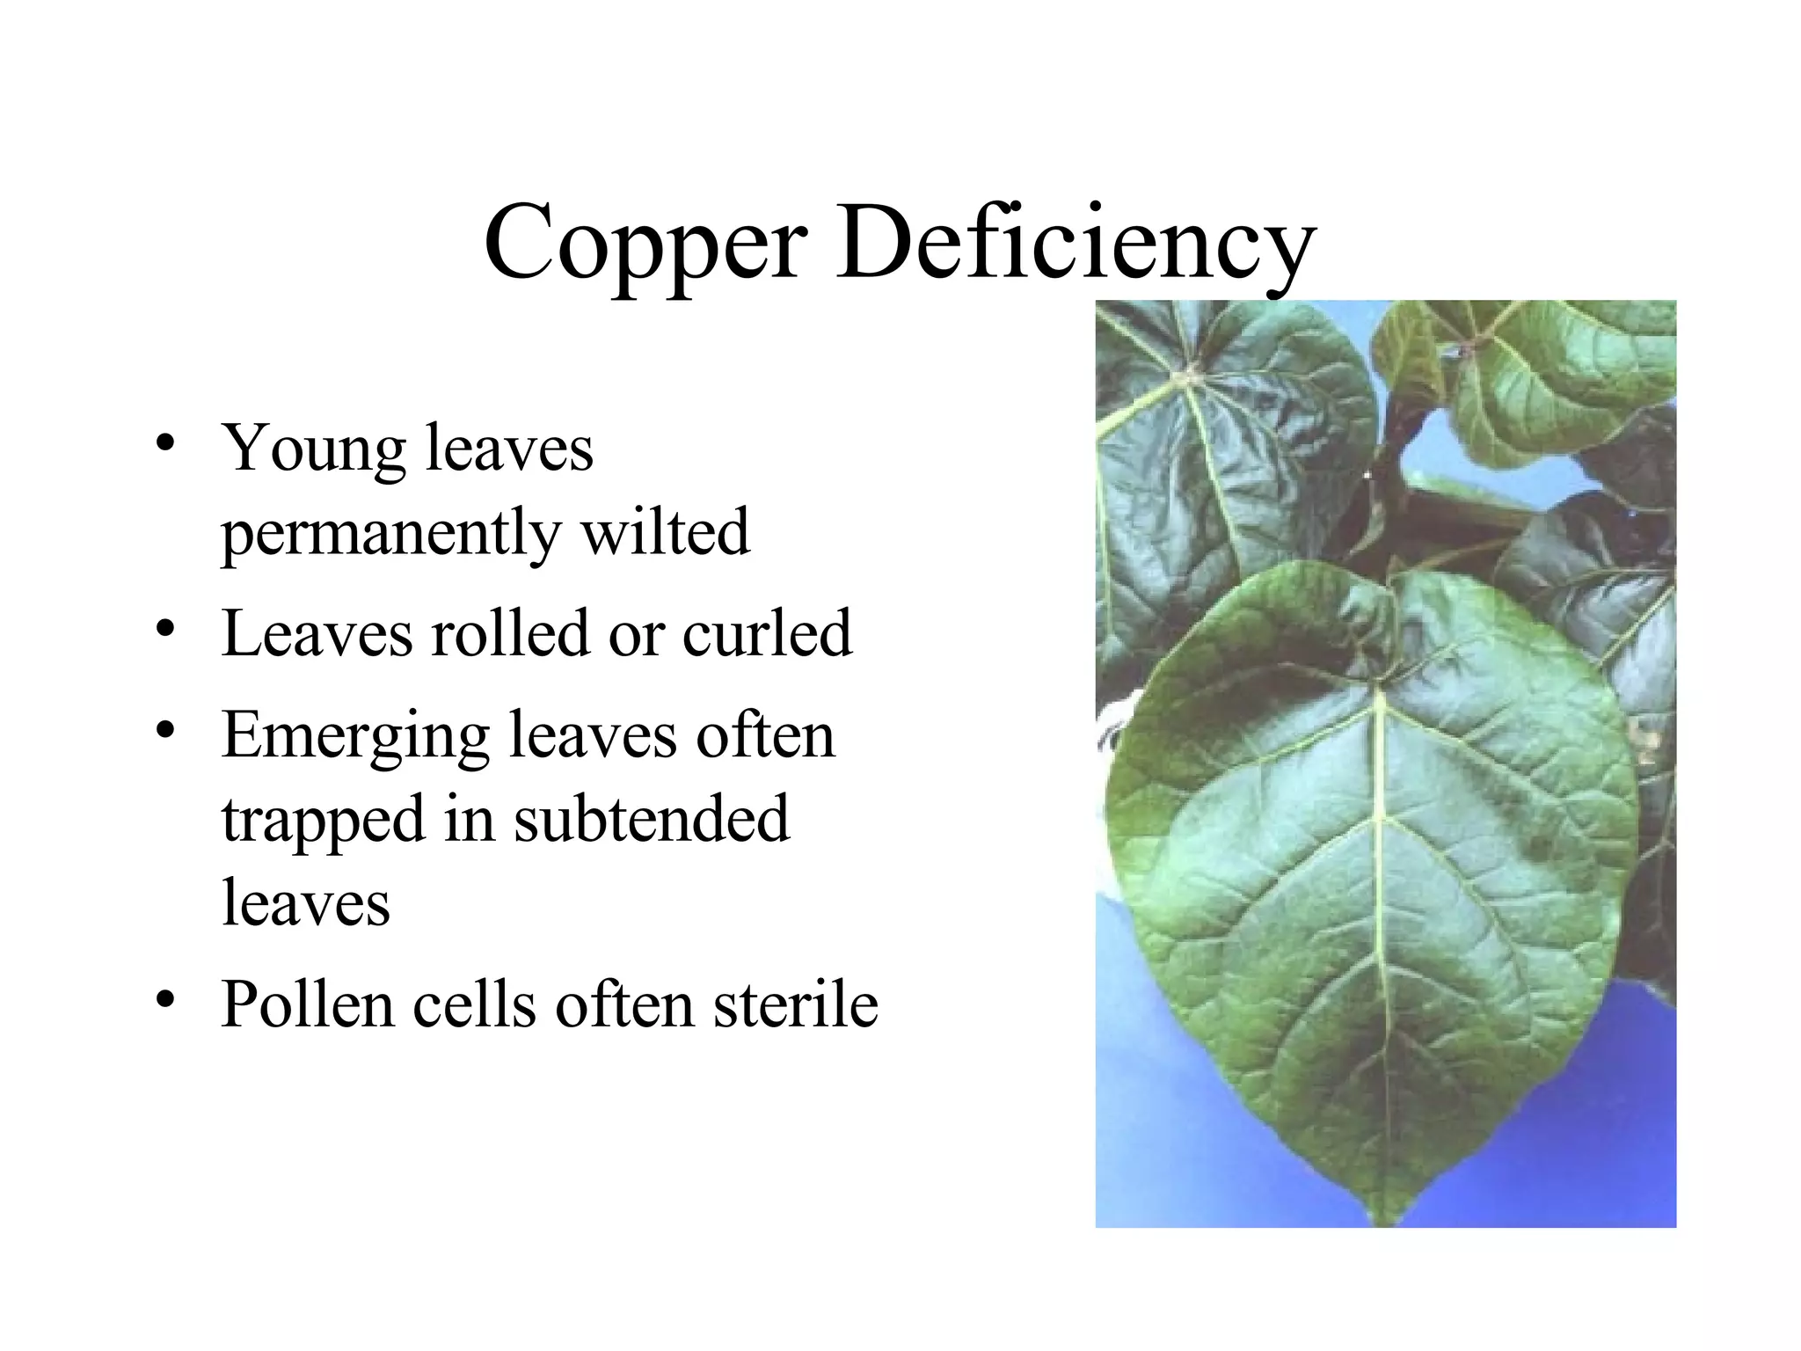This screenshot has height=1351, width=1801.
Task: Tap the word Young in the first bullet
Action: point(313,449)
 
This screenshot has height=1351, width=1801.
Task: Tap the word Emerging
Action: point(355,736)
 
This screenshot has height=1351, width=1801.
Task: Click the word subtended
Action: point(652,819)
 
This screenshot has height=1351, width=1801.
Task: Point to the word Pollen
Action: point(308,1004)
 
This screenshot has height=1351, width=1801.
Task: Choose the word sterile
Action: point(796,1004)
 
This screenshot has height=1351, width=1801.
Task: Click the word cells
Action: point(474,1004)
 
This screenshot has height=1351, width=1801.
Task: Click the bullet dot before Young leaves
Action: point(164,442)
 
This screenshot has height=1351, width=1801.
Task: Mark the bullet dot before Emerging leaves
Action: point(164,731)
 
